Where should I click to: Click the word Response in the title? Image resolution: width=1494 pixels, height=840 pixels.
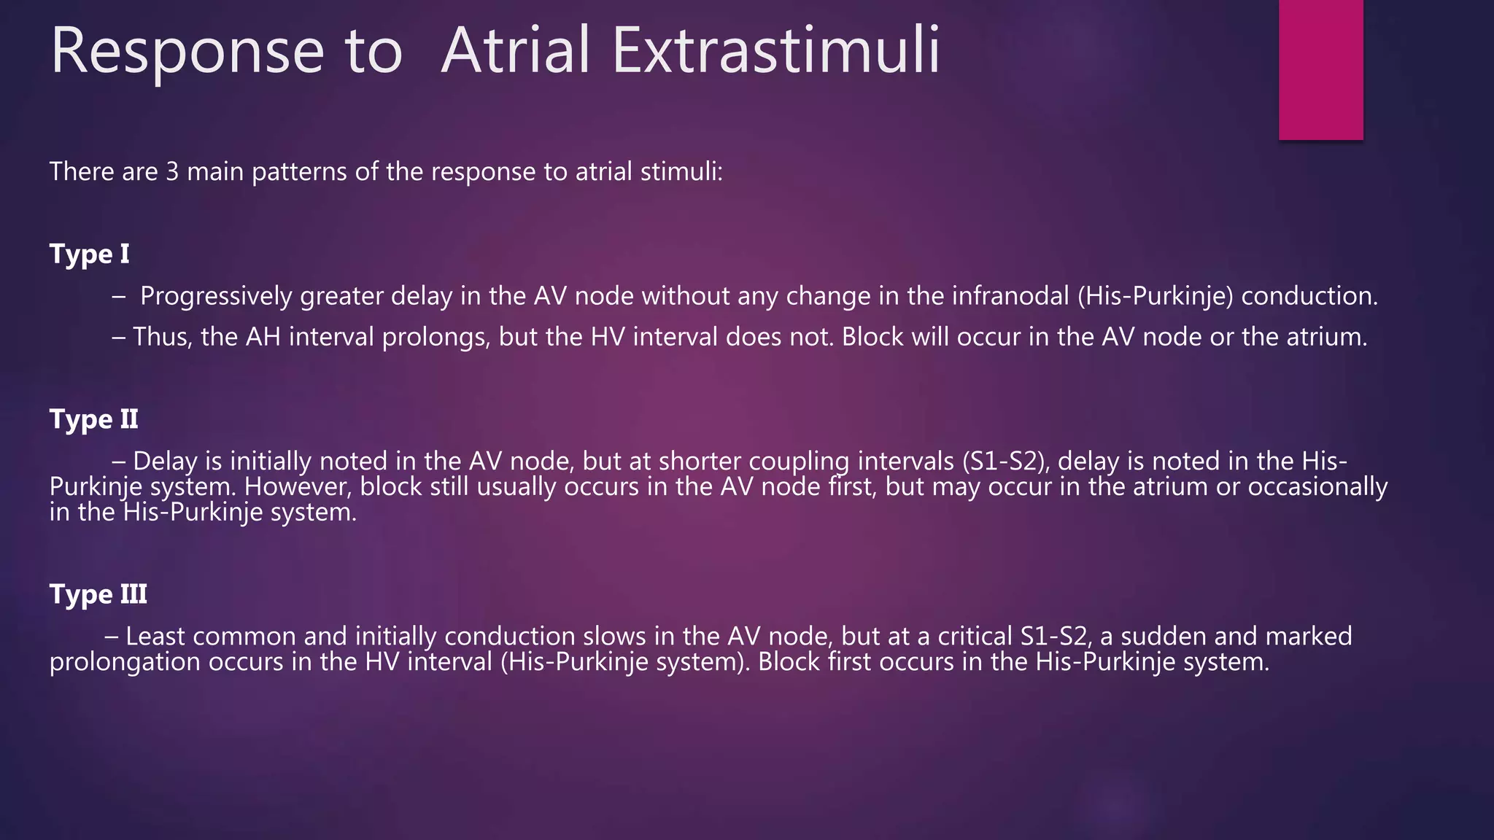[187, 51]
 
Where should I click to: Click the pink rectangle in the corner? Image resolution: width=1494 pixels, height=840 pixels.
[1320, 69]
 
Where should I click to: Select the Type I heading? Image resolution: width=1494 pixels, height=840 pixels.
[89, 254]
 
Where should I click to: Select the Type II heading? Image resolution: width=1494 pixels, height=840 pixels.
[93, 419]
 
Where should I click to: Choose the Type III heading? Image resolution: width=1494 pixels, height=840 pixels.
[98, 594]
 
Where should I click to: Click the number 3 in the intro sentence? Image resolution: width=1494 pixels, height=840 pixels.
[172, 172]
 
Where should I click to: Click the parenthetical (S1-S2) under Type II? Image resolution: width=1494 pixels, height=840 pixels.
[1005, 462]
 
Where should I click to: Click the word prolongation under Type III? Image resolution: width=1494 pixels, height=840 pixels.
[125, 663]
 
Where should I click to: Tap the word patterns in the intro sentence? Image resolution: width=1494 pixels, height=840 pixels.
[299, 173]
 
